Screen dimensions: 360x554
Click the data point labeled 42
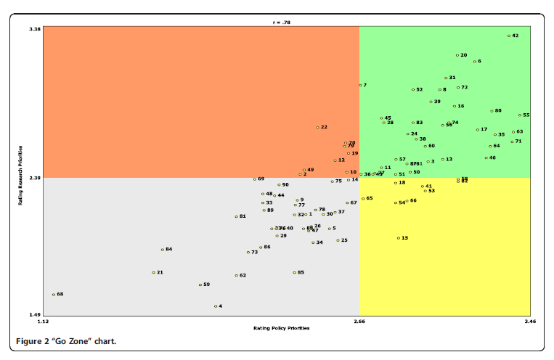tap(509, 36)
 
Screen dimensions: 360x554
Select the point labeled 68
tap(54, 295)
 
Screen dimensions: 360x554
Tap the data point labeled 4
tap(216, 306)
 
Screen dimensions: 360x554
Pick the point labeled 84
tap(163, 250)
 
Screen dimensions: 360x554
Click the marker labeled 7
tap(360, 86)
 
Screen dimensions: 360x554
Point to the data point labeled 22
tap(317, 128)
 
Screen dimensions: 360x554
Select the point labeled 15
tap(399, 238)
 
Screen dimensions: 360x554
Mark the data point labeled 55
tap(520, 115)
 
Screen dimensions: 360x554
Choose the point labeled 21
tap(154, 273)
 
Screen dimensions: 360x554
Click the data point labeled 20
tap(457, 55)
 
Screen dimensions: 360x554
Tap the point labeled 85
tap(294, 273)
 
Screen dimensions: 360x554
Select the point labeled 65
tap(363, 198)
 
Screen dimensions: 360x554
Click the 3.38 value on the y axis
tap(35, 30)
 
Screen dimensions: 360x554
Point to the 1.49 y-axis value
tap(35, 315)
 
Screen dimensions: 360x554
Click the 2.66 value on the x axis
tap(359, 321)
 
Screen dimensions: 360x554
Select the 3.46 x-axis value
tap(529, 321)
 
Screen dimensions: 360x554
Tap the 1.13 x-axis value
tap(44, 321)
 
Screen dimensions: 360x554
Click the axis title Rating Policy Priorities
tap(281, 328)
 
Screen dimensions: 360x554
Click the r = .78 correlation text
tap(281, 22)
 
